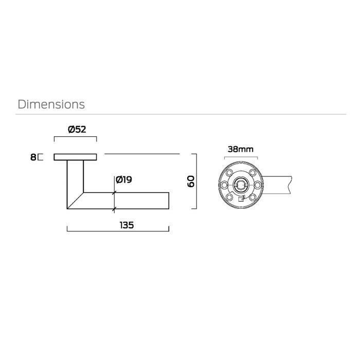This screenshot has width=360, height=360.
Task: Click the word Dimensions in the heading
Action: click(x=51, y=104)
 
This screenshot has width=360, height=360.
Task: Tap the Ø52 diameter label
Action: click(x=77, y=130)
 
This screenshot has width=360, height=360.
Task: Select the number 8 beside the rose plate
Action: click(x=33, y=157)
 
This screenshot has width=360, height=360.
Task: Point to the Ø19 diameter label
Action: click(x=124, y=179)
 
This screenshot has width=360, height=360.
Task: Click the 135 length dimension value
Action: click(x=127, y=225)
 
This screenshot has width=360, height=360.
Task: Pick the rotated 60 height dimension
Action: click(x=191, y=182)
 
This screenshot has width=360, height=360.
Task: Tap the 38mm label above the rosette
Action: click(x=241, y=149)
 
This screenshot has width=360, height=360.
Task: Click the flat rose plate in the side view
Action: click(x=75, y=157)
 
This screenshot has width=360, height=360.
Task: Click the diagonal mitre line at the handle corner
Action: click(x=75, y=201)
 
